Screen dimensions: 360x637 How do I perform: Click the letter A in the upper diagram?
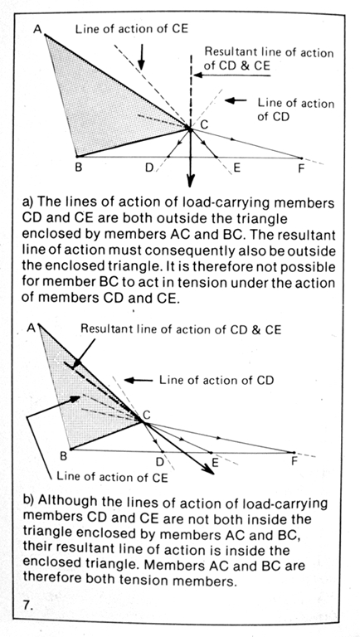(x=38, y=30)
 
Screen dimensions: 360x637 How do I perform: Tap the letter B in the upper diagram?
(x=79, y=167)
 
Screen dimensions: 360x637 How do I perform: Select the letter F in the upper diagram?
(x=301, y=168)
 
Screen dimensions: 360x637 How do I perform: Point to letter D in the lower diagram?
(x=159, y=462)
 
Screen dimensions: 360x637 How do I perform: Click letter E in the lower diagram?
(x=215, y=462)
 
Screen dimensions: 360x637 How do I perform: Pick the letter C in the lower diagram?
(x=147, y=415)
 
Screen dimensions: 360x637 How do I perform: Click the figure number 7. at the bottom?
(x=28, y=605)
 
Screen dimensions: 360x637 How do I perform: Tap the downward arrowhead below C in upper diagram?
(x=191, y=180)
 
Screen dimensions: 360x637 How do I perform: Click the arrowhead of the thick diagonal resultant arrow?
(x=208, y=469)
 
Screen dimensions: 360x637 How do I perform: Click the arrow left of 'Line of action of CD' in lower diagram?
(x=139, y=380)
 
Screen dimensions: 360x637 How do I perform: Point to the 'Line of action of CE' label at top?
(x=132, y=29)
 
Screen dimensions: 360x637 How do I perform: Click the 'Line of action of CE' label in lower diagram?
(x=112, y=477)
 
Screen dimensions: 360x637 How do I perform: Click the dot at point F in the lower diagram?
(x=294, y=452)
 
